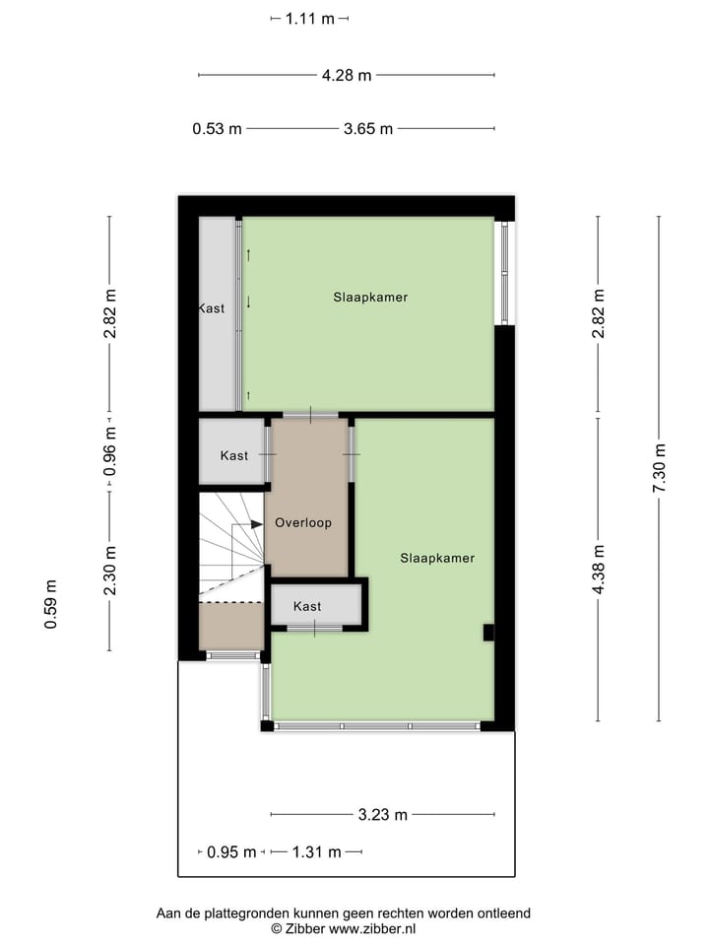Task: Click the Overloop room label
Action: pyautogui.click(x=303, y=523)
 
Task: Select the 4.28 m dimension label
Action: pyautogui.click(x=347, y=75)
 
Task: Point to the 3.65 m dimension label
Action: pyautogui.click(x=368, y=129)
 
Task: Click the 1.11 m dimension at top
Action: pyautogui.click(x=310, y=19)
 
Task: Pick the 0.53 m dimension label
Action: pyautogui.click(x=217, y=129)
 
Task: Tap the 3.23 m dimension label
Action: pyautogui.click(x=383, y=815)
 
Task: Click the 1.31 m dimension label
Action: pyautogui.click(x=316, y=852)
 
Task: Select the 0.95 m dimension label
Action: pyautogui.click(x=231, y=852)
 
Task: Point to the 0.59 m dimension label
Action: pyautogui.click(x=51, y=604)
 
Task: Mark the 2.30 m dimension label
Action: pyautogui.click(x=110, y=571)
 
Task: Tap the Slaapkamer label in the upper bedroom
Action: pyautogui.click(x=370, y=297)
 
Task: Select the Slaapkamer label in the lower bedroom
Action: pyautogui.click(x=437, y=558)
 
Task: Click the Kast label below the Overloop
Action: pyautogui.click(x=307, y=607)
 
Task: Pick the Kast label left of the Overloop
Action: pyautogui.click(x=234, y=455)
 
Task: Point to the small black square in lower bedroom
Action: pyautogui.click(x=488, y=633)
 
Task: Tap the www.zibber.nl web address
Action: pyautogui.click(x=372, y=928)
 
